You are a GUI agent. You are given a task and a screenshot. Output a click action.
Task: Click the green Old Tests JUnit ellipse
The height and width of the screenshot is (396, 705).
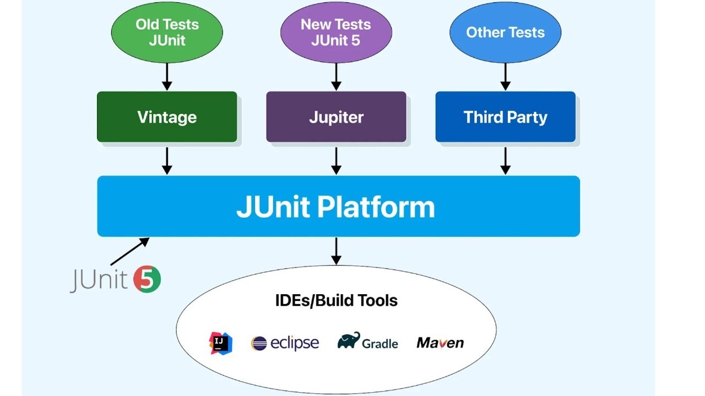pos(167,32)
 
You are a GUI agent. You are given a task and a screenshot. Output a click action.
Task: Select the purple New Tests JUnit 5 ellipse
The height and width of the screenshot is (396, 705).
pos(336,32)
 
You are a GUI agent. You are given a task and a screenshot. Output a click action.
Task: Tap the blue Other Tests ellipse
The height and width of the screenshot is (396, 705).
pos(505,32)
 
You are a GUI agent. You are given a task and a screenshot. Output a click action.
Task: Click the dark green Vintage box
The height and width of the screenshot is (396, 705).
pos(167,117)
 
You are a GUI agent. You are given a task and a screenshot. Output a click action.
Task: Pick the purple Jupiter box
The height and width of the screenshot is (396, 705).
pos(336,117)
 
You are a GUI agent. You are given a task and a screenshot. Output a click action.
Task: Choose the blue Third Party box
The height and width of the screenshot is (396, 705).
pos(506,117)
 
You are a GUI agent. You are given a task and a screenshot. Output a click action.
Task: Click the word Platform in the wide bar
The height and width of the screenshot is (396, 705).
pos(376,207)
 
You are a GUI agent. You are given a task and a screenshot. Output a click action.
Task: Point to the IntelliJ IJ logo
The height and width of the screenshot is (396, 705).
pos(221,343)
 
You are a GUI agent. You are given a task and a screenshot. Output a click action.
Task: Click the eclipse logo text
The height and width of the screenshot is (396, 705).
pos(295,343)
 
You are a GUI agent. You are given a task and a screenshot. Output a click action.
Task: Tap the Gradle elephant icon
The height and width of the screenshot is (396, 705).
pos(349,340)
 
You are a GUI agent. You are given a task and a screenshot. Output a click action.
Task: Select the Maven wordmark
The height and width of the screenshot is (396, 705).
pos(440,343)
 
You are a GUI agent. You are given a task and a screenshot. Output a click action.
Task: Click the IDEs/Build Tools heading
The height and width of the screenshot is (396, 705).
pos(336,300)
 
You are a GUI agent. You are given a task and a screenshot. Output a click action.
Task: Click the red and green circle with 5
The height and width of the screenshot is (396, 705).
pos(147,279)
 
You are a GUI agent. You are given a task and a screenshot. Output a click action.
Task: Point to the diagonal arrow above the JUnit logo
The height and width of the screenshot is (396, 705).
pos(129,251)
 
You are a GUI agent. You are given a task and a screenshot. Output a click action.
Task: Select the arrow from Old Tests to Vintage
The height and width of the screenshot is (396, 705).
pos(167,76)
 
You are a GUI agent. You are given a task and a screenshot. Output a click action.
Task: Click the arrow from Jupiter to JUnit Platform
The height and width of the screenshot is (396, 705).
pos(336,161)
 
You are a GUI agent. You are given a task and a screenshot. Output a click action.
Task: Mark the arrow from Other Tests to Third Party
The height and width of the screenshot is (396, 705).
pos(505,76)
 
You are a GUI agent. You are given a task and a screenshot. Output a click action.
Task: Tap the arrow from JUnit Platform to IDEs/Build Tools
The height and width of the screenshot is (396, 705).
pos(336,251)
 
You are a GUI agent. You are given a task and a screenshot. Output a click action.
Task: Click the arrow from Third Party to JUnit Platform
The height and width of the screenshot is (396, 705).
pos(505,161)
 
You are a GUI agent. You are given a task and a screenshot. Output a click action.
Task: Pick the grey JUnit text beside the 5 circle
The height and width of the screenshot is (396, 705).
pos(98,279)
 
